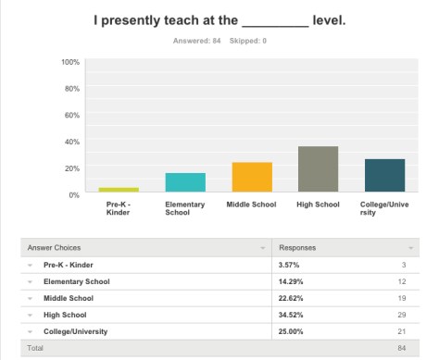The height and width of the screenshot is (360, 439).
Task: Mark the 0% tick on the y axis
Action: point(72,193)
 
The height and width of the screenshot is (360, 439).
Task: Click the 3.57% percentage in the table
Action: point(290,265)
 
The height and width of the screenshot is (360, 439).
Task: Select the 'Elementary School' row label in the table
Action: point(76,281)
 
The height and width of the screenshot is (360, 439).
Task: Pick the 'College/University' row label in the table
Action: point(76,332)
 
